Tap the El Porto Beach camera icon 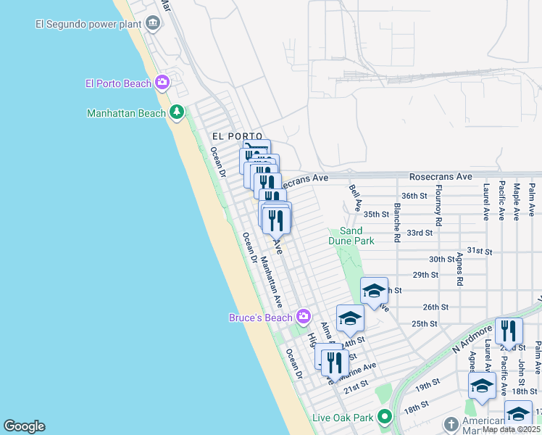tap(162, 83)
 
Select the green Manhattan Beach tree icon tap(176, 112)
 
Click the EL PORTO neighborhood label tap(230, 136)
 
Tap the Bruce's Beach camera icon tap(304, 316)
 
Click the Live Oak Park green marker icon tap(385, 417)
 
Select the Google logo tap(24, 426)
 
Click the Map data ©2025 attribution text tap(511, 429)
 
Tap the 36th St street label tap(414, 196)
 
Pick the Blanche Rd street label tap(397, 220)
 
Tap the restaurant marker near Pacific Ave tap(509, 331)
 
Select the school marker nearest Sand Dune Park tap(374, 291)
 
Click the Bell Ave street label tap(355, 198)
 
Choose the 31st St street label tap(479, 250)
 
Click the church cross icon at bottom tap(451, 423)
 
